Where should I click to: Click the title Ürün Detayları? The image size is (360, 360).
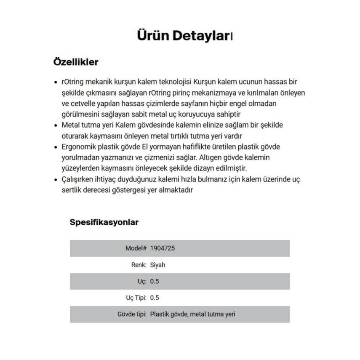pyautogui.click(x=184, y=35)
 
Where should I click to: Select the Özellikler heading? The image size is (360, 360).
pyautogui.click(x=76, y=62)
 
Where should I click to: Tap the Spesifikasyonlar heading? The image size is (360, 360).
pyautogui.click(x=104, y=222)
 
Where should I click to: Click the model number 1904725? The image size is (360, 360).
pyautogui.click(x=162, y=248)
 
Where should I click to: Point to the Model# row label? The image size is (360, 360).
pyautogui.click(x=136, y=248)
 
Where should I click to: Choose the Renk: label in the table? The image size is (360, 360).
pyautogui.click(x=139, y=265)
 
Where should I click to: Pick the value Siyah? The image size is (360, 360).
pyautogui.click(x=158, y=265)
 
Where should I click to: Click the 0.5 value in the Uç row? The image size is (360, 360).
pyautogui.click(x=155, y=281)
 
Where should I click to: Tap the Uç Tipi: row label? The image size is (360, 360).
pyautogui.click(x=136, y=298)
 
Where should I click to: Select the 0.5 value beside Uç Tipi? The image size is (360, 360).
pyautogui.click(x=155, y=298)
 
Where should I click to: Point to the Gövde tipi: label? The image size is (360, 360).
pyautogui.click(x=132, y=314)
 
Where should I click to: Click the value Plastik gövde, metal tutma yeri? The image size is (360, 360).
pyautogui.click(x=192, y=314)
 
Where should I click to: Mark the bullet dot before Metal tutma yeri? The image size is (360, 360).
pyautogui.click(x=56, y=125)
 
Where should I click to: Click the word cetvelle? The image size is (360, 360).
pyautogui.click(x=83, y=103)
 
